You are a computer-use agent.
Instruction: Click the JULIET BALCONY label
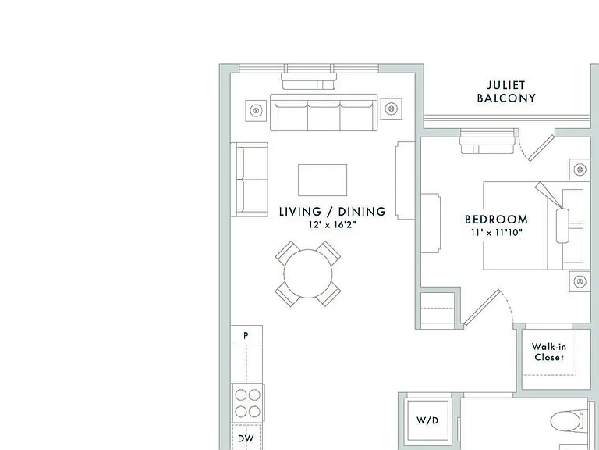pyautogui.click(x=506, y=92)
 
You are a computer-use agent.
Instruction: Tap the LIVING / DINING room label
pyautogui.click(x=332, y=212)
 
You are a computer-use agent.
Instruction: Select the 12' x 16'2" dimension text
pyautogui.click(x=332, y=225)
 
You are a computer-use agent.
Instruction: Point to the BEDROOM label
pyautogui.click(x=496, y=220)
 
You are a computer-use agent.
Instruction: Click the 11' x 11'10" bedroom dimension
pyautogui.click(x=496, y=232)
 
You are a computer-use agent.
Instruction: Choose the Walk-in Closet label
pyautogui.click(x=549, y=352)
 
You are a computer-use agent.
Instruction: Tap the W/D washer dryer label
pyautogui.click(x=427, y=420)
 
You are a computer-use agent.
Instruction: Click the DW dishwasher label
pyautogui.click(x=246, y=438)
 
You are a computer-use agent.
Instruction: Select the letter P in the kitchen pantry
pyautogui.click(x=246, y=336)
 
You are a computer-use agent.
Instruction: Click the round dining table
pyautogui.click(x=308, y=273)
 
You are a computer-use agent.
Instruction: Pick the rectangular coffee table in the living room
pyautogui.click(x=322, y=180)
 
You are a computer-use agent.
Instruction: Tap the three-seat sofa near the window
pyautogui.click(x=324, y=112)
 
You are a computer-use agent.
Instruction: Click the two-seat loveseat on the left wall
pyautogui.click(x=249, y=180)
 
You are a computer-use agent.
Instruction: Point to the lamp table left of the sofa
pyautogui.click(x=256, y=111)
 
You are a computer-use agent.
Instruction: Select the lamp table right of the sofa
pyautogui.click(x=391, y=109)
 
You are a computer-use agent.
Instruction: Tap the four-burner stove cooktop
pyautogui.click(x=247, y=403)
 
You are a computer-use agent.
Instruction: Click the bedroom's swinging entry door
pyautogui.click(x=482, y=307)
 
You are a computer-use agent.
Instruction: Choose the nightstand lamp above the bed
pyautogui.click(x=580, y=169)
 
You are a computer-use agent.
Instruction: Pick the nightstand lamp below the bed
pyautogui.click(x=580, y=281)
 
